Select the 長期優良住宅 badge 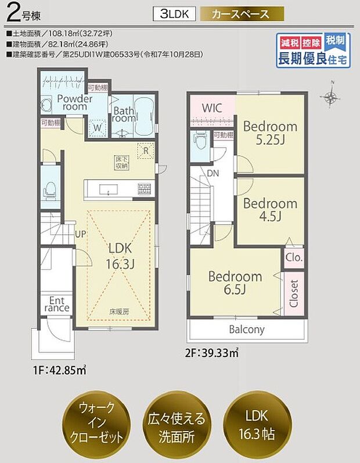(x=313, y=51)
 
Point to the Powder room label (x=74, y=102)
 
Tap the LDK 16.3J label (x=121, y=256)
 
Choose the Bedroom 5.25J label (x=269, y=132)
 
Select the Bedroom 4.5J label (x=269, y=210)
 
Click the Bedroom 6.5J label (x=235, y=282)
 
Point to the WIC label (x=212, y=107)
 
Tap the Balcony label (x=246, y=329)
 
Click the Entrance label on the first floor (x=57, y=303)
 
